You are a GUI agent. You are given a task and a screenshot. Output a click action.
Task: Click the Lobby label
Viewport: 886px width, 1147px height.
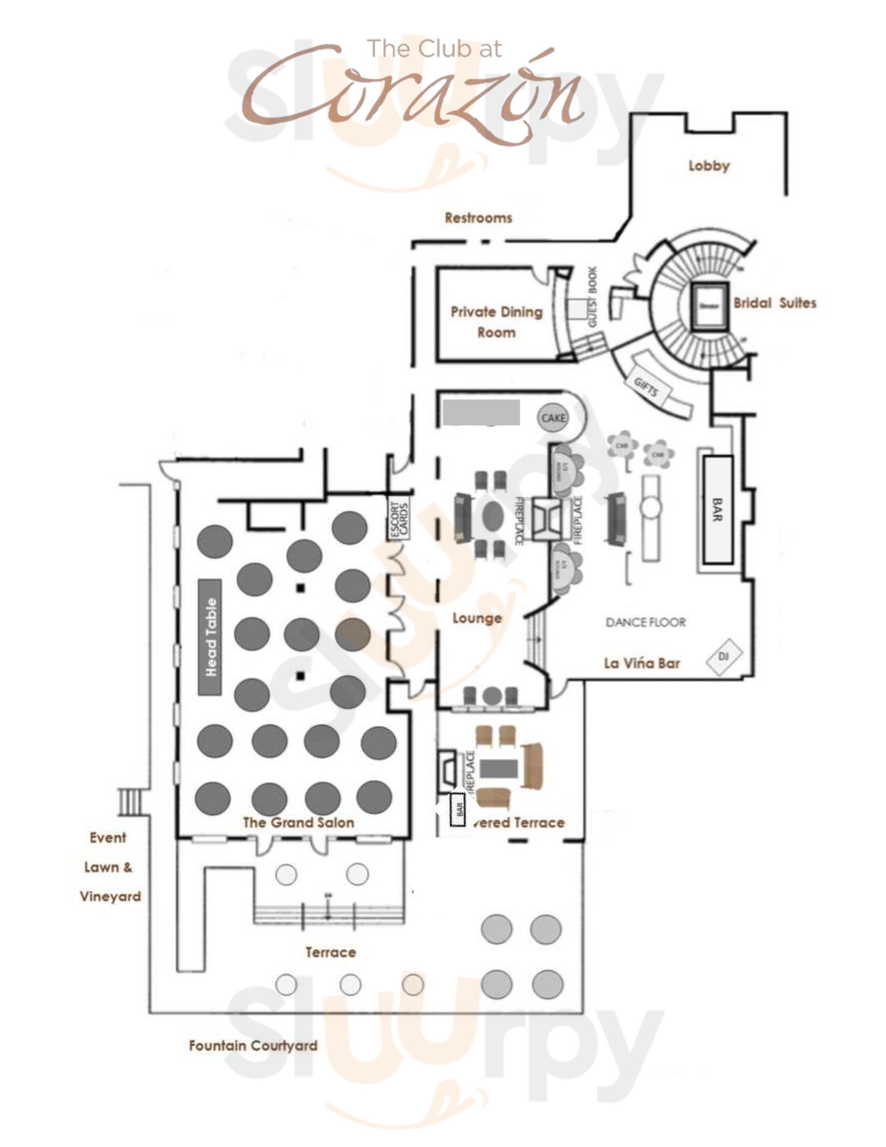coord(709,166)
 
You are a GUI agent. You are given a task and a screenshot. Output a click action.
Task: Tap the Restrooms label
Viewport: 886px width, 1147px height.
coord(478,218)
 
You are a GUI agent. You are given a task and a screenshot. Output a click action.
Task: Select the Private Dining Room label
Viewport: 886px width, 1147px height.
coord(496,321)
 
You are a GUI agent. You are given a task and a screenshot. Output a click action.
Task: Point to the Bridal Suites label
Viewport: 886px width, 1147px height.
coord(774,303)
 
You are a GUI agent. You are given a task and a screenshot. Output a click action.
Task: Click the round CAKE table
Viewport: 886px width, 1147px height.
coord(553,418)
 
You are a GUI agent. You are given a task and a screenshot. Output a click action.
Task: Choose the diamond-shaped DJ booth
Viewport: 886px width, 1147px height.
coord(724,656)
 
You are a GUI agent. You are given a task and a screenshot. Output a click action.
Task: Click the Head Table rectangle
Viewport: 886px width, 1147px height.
coord(210,637)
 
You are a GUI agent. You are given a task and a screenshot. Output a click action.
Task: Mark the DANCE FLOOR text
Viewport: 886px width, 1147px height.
coord(646,623)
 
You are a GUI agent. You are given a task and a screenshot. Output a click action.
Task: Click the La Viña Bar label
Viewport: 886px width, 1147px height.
coord(642,663)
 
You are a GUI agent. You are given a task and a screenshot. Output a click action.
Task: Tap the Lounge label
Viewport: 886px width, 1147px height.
coord(477,618)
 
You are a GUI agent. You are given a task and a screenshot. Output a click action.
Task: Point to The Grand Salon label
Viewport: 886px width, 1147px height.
coord(298,822)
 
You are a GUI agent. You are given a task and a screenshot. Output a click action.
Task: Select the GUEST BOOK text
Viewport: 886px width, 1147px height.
coord(592,296)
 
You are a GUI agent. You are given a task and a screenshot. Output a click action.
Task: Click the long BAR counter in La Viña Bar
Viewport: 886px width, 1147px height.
coord(717,509)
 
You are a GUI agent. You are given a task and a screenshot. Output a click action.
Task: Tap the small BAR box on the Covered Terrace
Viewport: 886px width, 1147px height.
coord(458,809)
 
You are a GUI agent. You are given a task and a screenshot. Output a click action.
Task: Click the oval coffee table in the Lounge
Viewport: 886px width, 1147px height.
coord(493,516)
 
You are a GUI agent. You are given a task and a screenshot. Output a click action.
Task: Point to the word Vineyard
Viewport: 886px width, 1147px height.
coord(110,897)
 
